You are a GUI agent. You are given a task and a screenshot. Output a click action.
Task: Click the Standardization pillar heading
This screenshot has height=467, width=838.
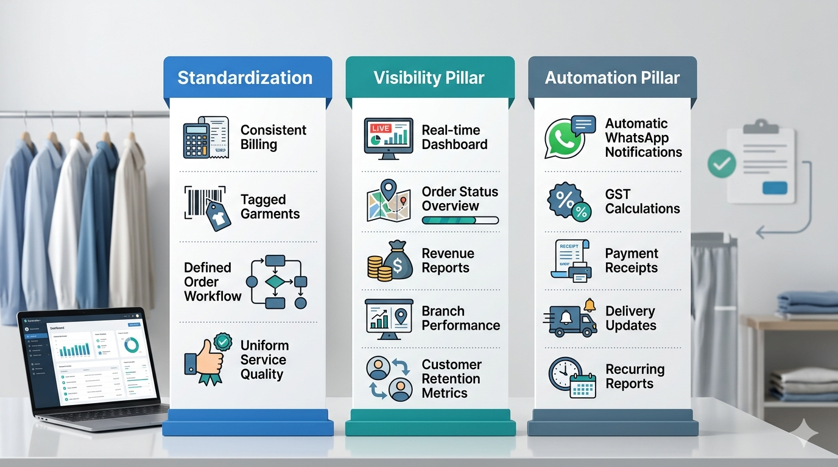pyautogui.click(x=245, y=78)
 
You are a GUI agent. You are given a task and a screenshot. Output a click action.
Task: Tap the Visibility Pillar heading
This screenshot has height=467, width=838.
pyautogui.click(x=429, y=78)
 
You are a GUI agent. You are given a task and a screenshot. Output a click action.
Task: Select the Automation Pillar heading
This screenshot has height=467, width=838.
pyautogui.click(x=612, y=78)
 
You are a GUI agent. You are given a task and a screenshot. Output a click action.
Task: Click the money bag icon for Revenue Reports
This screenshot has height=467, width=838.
pyautogui.click(x=390, y=261)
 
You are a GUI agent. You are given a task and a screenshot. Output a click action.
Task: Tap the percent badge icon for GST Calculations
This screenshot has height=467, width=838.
pyautogui.click(x=569, y=201)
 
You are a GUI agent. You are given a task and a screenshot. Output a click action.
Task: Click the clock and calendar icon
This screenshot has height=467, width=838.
pyautogui.click(x=571, y=378)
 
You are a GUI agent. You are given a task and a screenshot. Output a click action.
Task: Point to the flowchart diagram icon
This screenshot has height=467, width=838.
pyautogui.click(x=276, y=282)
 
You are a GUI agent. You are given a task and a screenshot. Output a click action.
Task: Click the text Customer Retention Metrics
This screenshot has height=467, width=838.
pyautogui.click(x=451, y=379)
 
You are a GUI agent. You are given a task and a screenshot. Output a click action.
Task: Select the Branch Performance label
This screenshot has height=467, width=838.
pyautogui.click(x=460, y=318)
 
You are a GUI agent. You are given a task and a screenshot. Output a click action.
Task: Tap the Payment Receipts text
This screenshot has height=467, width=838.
pyautogui.click(x=632, y=261)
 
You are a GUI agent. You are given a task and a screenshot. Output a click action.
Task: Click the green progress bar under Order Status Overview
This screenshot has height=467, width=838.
pyautogui.click(x=460, y=221)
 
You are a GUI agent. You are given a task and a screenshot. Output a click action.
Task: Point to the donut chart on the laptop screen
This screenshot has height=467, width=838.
pyautogui.click(x=131, y=345)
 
